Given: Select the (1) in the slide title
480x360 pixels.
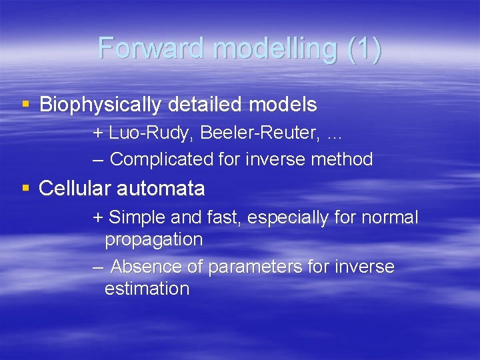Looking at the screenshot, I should tap(364, 49).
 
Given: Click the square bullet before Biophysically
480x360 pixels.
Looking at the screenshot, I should tap(25, 104).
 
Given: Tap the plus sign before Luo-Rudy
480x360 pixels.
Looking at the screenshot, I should tap(98, 133).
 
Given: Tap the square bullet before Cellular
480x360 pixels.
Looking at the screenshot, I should tap(25, 188).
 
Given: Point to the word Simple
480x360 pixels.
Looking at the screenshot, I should tap(137, 217).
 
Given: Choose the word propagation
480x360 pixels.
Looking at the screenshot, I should tap(153, 239).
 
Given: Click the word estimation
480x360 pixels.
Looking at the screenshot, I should tap(147, 289).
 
